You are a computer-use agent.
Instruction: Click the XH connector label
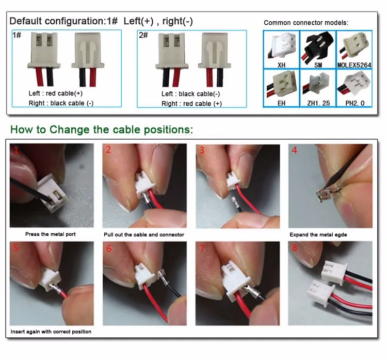[281, 65]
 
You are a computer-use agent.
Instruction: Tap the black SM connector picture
[318, 47]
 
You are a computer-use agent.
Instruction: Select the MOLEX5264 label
[354, 65]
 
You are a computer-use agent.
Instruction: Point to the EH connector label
[281, 103]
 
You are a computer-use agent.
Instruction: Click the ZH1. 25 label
[318, 103]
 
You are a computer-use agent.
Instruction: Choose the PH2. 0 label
[355, 103]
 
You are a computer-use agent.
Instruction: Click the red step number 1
[16, 150]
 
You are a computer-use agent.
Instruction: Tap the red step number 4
[294, 150]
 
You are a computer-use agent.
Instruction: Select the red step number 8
[294, 248]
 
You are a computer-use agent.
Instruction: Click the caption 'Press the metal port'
[51, 234]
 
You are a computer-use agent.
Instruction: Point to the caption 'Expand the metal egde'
[318, 235]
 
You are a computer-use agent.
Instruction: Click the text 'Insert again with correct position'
[51, 332]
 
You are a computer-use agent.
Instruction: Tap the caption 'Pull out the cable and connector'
[144, 235]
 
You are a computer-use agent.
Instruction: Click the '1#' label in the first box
[17, 35]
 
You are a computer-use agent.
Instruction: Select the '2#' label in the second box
[143, 35]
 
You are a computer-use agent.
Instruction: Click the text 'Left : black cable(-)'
[190, 94]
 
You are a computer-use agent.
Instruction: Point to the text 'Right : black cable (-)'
[61, 103]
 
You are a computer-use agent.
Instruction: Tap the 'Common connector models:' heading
[306, 23]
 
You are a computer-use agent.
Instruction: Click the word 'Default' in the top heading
[25, 21]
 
